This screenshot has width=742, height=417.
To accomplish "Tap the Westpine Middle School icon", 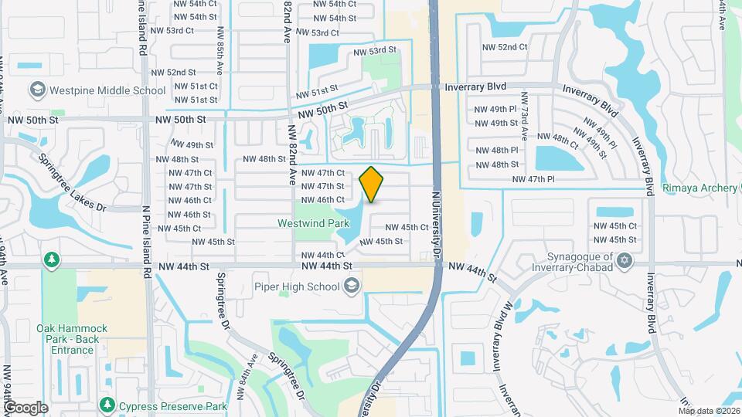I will click(x=36, y=90).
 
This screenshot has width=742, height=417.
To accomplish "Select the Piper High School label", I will click(x=298, y=287).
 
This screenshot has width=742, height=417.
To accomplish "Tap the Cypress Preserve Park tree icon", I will click(x=106, y=405).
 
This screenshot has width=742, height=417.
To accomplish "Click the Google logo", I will click(x=25, y=407).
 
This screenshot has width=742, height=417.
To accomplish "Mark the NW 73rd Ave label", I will click(x=524, y=116).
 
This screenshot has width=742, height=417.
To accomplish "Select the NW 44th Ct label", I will click(x=322, y=255).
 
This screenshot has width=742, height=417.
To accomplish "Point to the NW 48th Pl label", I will click(x=496, y=151).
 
